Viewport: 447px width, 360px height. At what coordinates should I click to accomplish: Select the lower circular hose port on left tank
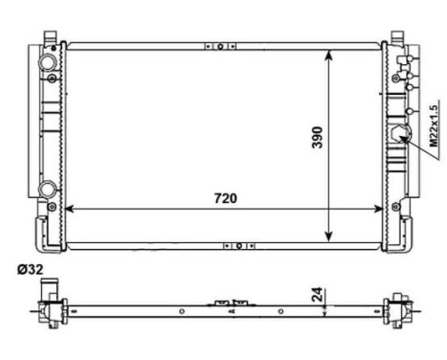[47, 188]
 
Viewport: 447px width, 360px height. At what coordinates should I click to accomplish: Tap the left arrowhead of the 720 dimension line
[71, 209]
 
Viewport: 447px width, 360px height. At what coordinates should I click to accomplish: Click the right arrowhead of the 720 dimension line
[380, 209]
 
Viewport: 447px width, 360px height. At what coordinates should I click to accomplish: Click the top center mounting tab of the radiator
[220, 45]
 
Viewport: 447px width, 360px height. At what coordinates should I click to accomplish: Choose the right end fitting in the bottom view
[395, 309]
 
